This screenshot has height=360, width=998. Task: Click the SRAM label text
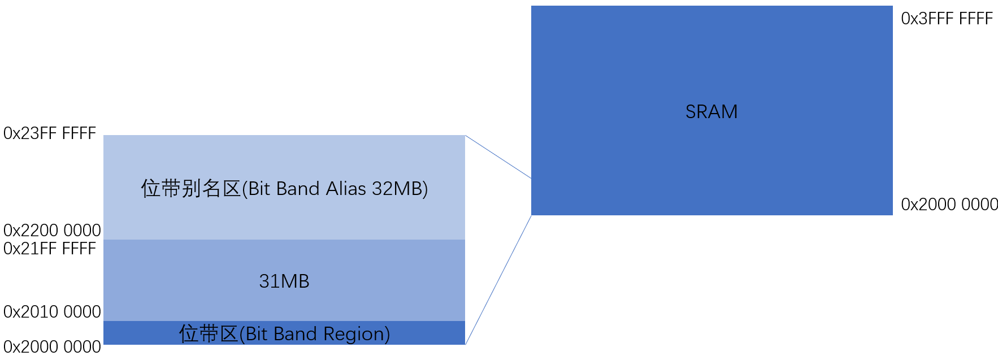pyautogui.click(x=711, y=112)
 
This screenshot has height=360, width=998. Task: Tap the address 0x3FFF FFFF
pyautogui.click(x=947, y=19)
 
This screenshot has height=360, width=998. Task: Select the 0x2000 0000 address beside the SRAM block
pyautogui.click(x=949, y=204)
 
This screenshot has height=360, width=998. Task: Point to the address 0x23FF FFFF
pyautogui.click(x=50, y=133)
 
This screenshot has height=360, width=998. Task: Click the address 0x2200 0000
pyautogui.click(x=52, y=230)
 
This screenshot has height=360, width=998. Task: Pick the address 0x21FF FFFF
pyautogui.click(x=50, y=249)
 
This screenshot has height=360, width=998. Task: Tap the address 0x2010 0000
pyautogui.click(x=52, y=311)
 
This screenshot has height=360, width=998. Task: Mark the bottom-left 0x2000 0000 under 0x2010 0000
pyautogui.click(x=52, y=346)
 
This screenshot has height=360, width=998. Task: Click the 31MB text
pyautogui.click(x=284, y=281)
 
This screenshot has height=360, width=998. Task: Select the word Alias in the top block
pyautogui.click(x=346, y=189)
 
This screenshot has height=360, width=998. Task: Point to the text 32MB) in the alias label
pyautogui.click(x=400, y=189)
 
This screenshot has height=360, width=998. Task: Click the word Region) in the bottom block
pyautogui.click(x=357, y=334)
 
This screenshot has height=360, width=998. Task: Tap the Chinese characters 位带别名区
pyautogui.click(x=190, y=189)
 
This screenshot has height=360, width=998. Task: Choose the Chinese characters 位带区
pyautogui.click(x=208, y=334)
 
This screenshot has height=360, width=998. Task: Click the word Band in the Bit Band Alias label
pyautogui.click(x=298, y=189)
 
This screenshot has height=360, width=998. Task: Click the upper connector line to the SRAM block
pyautogui.click(x=498, y=157)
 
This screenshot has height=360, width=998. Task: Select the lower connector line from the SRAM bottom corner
pyautogui.click(x=498, y=280)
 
